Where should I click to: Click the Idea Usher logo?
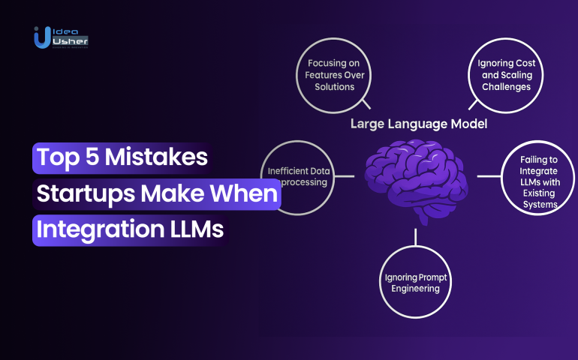tap(61, 37)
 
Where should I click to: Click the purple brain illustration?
tap(416, 181)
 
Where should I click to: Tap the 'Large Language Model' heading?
tap(419, 124)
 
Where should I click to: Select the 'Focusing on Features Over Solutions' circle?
tap(334, 75)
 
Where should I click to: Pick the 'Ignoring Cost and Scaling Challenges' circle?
tap(506, 75)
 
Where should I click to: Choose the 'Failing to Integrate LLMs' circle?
tap(537, 178)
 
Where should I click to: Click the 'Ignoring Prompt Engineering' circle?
tap(415, 282)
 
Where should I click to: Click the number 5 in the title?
tap(92, 157)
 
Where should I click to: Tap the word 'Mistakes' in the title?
tap(156, 157)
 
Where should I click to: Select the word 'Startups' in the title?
tap(86, 193)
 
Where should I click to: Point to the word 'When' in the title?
tap(244, 193)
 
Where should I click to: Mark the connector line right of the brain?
tap(489, 176)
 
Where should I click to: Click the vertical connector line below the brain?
tap(415, 237)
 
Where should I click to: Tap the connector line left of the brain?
tap(345, 176)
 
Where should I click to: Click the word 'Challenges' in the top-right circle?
tap(506, 87)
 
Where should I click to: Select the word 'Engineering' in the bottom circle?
tap(415, 289)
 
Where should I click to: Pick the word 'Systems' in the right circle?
tap(540, 205)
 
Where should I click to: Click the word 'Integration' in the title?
tap(101, 229)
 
